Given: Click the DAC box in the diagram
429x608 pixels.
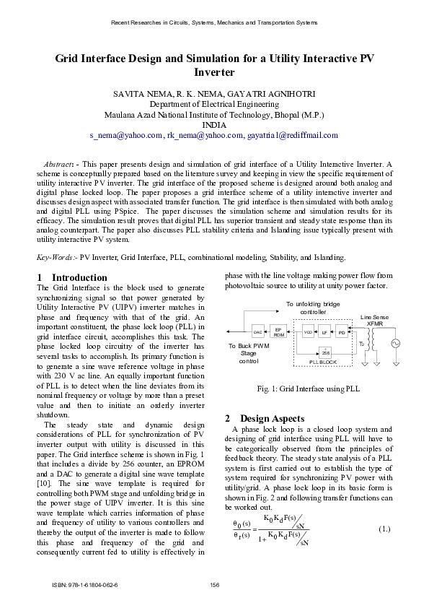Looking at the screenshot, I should point(257,332).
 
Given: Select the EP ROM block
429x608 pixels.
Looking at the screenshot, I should point(279,331).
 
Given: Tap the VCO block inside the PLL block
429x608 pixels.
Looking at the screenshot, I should point(308,332).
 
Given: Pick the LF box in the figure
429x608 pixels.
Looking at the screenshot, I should point(325,332).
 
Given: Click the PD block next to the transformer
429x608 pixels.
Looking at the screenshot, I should point(342,332).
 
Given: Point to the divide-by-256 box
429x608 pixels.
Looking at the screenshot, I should point(325,351).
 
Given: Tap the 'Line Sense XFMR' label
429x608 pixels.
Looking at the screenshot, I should point(375,321).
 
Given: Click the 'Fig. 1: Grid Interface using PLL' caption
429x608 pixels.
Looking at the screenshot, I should point(309,389).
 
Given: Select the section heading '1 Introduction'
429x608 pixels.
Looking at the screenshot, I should point(71,277).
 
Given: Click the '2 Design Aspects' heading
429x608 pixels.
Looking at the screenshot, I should point(264,419).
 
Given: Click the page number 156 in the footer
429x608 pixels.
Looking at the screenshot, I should point(214,584).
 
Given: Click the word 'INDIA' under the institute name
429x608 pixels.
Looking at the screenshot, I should point(214,124).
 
